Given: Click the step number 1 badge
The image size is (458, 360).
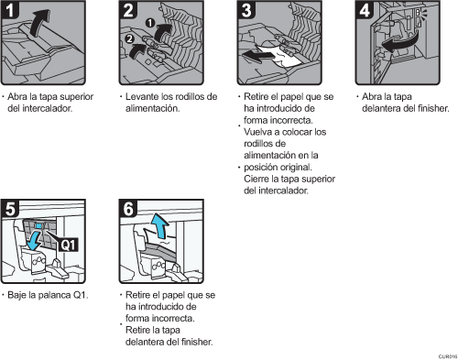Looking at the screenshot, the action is (10, 10).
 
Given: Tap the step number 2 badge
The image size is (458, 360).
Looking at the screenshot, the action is (128, 10).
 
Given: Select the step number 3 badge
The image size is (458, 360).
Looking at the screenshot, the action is (246, 10).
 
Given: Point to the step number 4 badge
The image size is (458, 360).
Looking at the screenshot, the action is (365, 10).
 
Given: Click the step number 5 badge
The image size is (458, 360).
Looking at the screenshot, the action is (10, 209).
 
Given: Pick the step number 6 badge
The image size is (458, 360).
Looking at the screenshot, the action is (128, 209).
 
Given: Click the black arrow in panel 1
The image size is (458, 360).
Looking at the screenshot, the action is (39, 23).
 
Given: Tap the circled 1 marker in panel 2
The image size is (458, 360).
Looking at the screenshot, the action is (150, 23).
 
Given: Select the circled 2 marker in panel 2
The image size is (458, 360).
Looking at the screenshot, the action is (130, 38).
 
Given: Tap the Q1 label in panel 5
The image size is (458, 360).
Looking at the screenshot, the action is (68, 245).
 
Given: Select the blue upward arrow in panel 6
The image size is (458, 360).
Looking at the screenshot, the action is (159, 226).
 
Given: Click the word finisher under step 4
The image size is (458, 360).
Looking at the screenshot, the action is (433, 108).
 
